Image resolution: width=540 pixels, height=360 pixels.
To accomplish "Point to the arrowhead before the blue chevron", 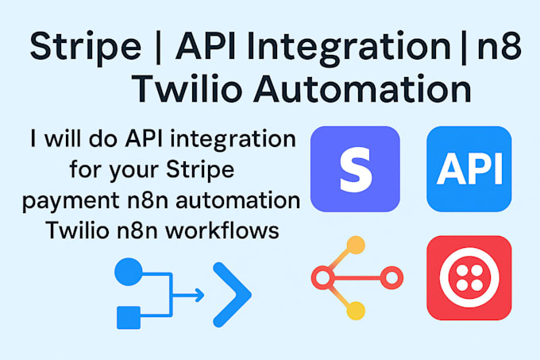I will [x=199, y=296].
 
